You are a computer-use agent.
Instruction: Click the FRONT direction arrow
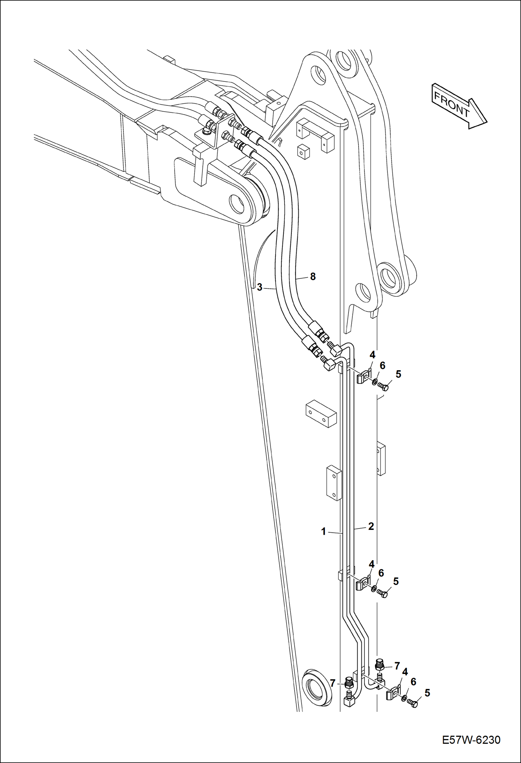[x=459, y=105]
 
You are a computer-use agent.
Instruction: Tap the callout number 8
[x=313, y=277]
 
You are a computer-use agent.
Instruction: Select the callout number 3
[x=259, y=288]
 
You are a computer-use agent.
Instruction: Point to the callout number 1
[x=323, y=532]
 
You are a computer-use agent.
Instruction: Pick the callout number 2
[x=371, y=526]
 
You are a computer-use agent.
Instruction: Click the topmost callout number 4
[x=372, y=355]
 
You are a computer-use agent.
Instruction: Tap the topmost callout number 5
[x=399, y=374]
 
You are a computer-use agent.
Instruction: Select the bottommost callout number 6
[x=414, y=682]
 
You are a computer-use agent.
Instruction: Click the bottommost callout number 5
[x=427, y=693]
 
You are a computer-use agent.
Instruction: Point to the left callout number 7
[x=333, y=683]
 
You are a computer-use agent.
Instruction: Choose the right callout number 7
[x=397, y=666]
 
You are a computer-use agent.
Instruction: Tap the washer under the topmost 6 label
[x=375, y=382]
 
